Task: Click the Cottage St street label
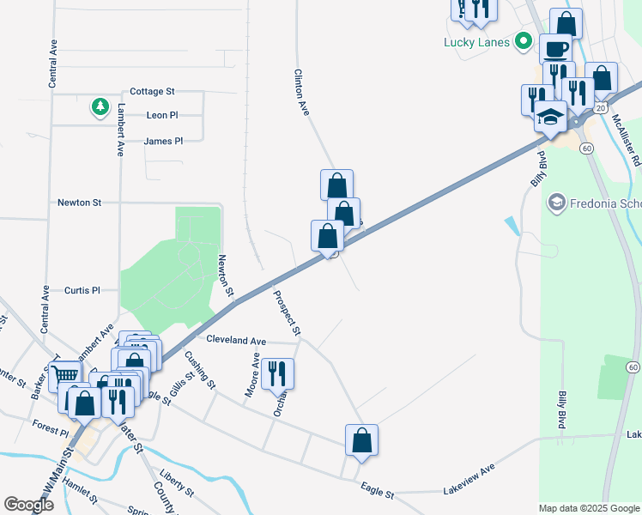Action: coord(152,91)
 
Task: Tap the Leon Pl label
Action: coord(161,115)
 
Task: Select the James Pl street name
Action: coord(163,141)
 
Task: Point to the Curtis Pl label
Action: coord(82,291)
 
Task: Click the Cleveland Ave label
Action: coord(236,340)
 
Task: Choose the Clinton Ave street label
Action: coord(301,93)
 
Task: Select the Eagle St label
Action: coord(377,494)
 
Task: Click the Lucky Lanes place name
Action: coord(476,42)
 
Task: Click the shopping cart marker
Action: coord(64,373)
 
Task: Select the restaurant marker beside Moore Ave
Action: coord(277,373)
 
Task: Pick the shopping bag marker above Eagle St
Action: coord(361,439)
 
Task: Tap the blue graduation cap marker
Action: coord(549,117)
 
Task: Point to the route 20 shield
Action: coord(602,108)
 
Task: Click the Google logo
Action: coord(29,505)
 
